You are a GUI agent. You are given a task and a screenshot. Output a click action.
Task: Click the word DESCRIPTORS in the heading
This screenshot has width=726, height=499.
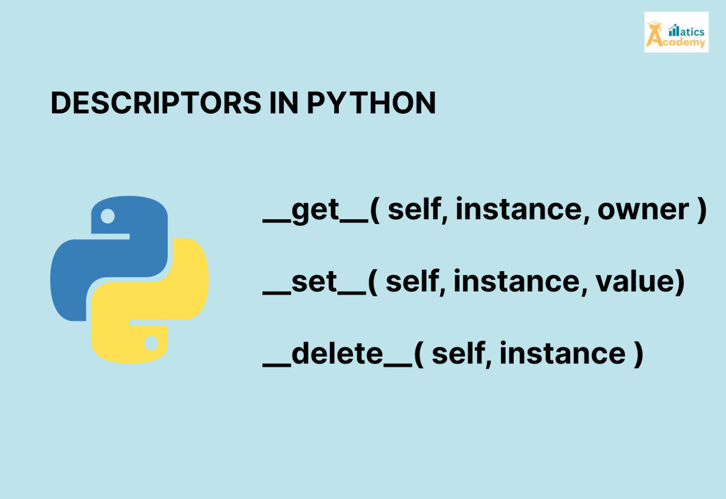pos(156,103)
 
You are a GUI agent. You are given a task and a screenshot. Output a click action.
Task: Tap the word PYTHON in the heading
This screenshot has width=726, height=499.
pos(371,103)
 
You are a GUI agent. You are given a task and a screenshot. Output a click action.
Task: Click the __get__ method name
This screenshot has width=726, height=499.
pos(316,211)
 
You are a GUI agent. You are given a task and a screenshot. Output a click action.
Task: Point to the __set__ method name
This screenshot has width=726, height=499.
pos(314,283)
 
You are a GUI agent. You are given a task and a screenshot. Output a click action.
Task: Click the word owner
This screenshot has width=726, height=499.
pos(643,210)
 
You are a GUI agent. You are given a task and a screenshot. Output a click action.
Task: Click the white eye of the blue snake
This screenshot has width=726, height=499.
pos(108,216)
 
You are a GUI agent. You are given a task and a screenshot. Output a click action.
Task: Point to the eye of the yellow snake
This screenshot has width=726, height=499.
pos(151,343)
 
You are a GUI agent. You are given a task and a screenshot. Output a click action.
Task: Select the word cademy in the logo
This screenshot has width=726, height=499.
pos(684,43)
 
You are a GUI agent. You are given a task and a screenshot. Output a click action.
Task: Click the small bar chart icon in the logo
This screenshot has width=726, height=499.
pos(674,31)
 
